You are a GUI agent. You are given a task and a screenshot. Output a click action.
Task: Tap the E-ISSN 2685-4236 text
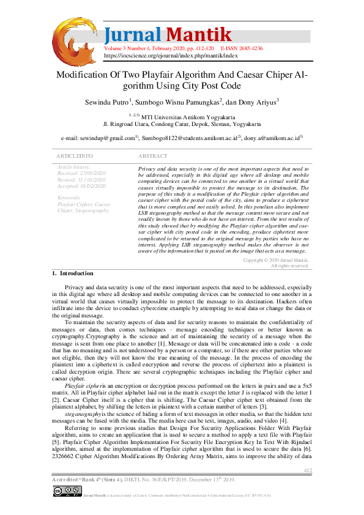(x=242, y=48)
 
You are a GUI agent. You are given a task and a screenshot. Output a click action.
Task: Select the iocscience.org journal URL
(x=171, y=55)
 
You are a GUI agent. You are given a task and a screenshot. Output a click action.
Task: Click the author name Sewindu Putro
(x=106, y=102)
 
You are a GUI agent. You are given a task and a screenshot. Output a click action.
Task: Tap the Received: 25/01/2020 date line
(x=81, y=173)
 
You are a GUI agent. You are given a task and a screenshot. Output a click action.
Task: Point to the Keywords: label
(x=69, y=198)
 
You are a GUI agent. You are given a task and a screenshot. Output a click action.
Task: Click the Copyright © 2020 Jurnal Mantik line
(x=275, y=260)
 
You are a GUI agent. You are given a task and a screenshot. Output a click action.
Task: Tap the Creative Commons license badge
(x=67, y=491)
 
